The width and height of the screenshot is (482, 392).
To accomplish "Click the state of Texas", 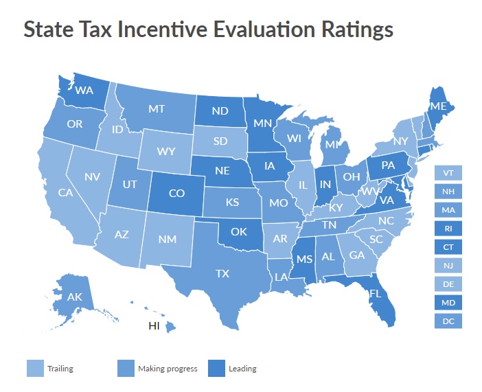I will [x=221, y=273].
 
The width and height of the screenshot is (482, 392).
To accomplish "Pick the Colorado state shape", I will [x=176, y=193].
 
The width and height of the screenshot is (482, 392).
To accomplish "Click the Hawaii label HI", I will [x=156, y=325].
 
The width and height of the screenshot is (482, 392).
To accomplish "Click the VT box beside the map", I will [x=448, y=173].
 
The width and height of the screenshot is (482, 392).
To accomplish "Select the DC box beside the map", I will [x=448, y=321].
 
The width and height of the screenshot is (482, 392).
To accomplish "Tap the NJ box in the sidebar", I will [x=448, y=265].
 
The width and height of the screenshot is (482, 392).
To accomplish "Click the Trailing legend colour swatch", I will [x=34, y=369].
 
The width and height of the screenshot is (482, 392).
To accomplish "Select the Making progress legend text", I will [x=168, y=369].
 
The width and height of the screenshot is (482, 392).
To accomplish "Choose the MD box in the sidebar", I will [x=448, y=302].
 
